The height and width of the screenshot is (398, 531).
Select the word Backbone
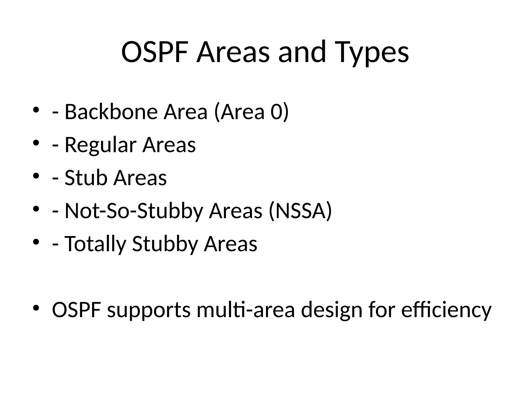pyautogui.click(x=111, y=112)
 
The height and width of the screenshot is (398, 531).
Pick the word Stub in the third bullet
pyautogui.click(x=86, y=178)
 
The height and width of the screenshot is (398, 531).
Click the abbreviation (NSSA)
pyautogui.click(x=300, y=211)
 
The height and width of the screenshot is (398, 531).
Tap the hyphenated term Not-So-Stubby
pyautogui.click(x=134, y=211)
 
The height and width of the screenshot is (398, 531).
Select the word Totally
pyautogui.click(x=95, y=244)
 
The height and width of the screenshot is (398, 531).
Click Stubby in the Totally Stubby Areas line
pyautogui.click(x=165, y=244)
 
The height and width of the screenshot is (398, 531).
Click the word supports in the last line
pyautogui.click(x=149, y=310)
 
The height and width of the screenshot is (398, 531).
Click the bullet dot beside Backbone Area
pyautogui.click(x=36, y=110)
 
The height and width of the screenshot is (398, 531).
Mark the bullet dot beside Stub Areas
pyautogui.click(x=36, y=176)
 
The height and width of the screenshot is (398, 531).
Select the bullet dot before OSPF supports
pyautogui.click(x=36, y=308)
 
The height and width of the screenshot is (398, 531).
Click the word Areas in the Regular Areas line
pyautogui.click(x=169, y=145)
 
